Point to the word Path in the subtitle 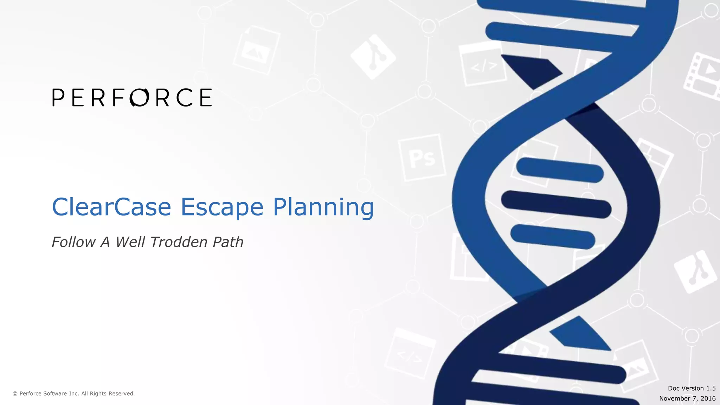pyautogui.click(x=228, y=242)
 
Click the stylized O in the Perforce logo pyautogui.click(x=139, y=97)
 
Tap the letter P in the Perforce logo pyautogui.click(x=58, y=97)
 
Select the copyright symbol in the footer pyautogui.click(x=15, y=394)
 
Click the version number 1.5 pyautogui.click(x=711, y=388)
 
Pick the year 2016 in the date pyautogui.click(x=708, y=398)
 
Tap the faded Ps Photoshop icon pyautogui.click(x=422, y=158)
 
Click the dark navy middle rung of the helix pyautogui.click(x=556, y=204)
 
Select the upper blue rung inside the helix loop pyautogui.click(x=560, y=170)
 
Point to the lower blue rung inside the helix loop pyautogui.click(x=552, y=236)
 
